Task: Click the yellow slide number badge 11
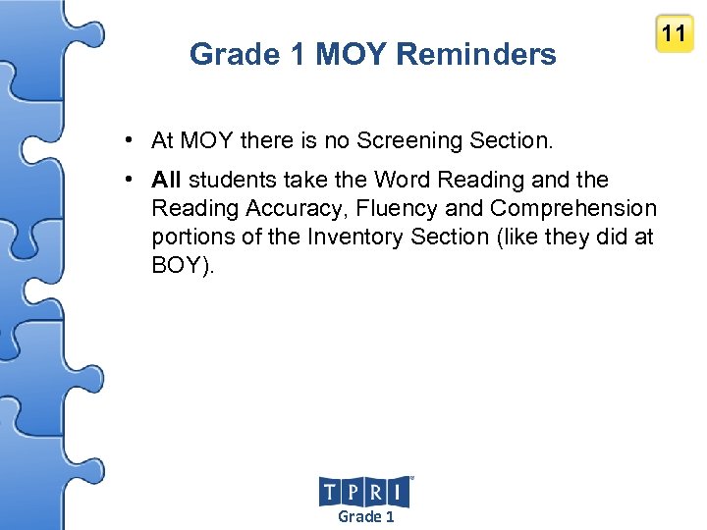[x=674, y=33]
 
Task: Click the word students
[x=232, y=181]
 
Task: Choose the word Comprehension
[x=573, y=209]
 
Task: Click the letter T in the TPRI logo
[x=331, y=491]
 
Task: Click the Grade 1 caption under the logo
[x=365, y=516]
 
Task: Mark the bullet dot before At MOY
[x=130, y=140]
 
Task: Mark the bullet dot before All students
[x=130, y=180]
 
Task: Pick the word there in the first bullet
[x=266, y=141]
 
